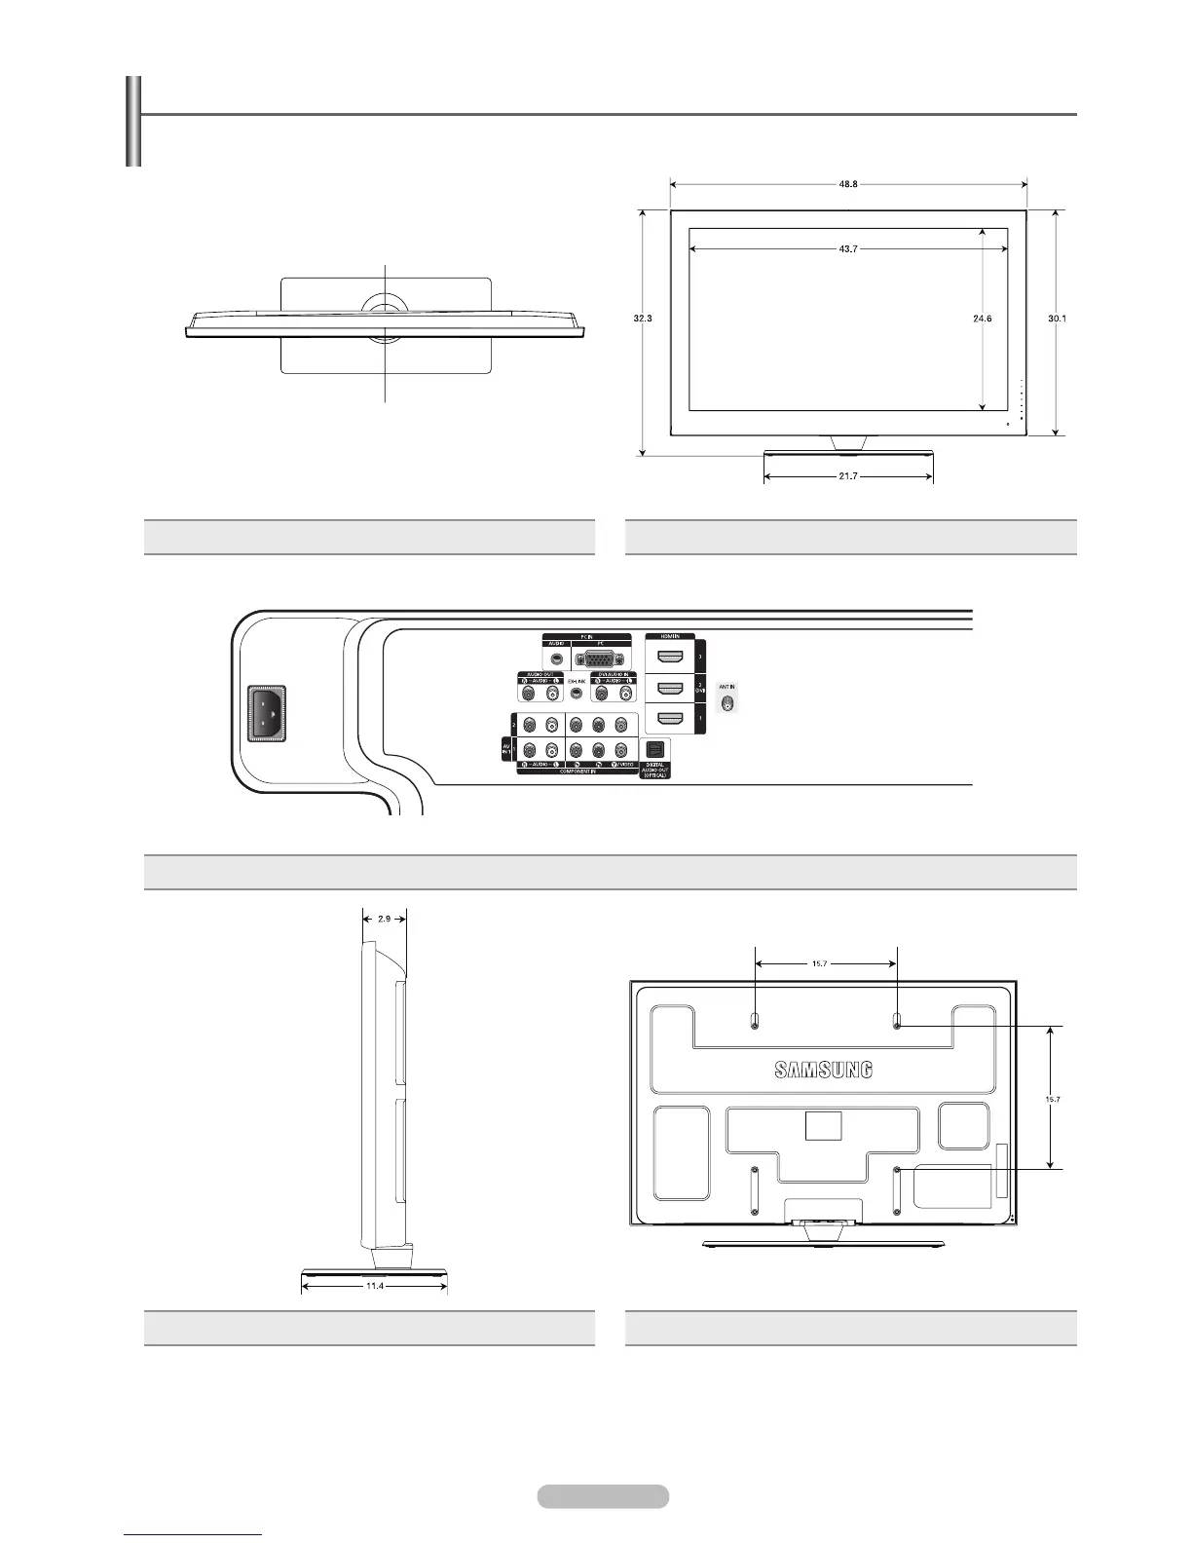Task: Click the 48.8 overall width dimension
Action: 848,183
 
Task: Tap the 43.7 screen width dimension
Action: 847,249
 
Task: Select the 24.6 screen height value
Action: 982,319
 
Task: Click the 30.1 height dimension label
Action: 1058,319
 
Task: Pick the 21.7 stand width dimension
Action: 848,477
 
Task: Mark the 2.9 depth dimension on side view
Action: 385,919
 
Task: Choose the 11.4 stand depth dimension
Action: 375,1286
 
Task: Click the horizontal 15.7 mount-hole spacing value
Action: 826,964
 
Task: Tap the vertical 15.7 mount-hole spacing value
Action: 1052,1099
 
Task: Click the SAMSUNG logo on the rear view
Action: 824,1070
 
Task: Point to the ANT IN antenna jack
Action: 726,699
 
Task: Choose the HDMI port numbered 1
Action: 668,720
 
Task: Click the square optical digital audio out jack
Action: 653,750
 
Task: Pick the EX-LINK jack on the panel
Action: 577,694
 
